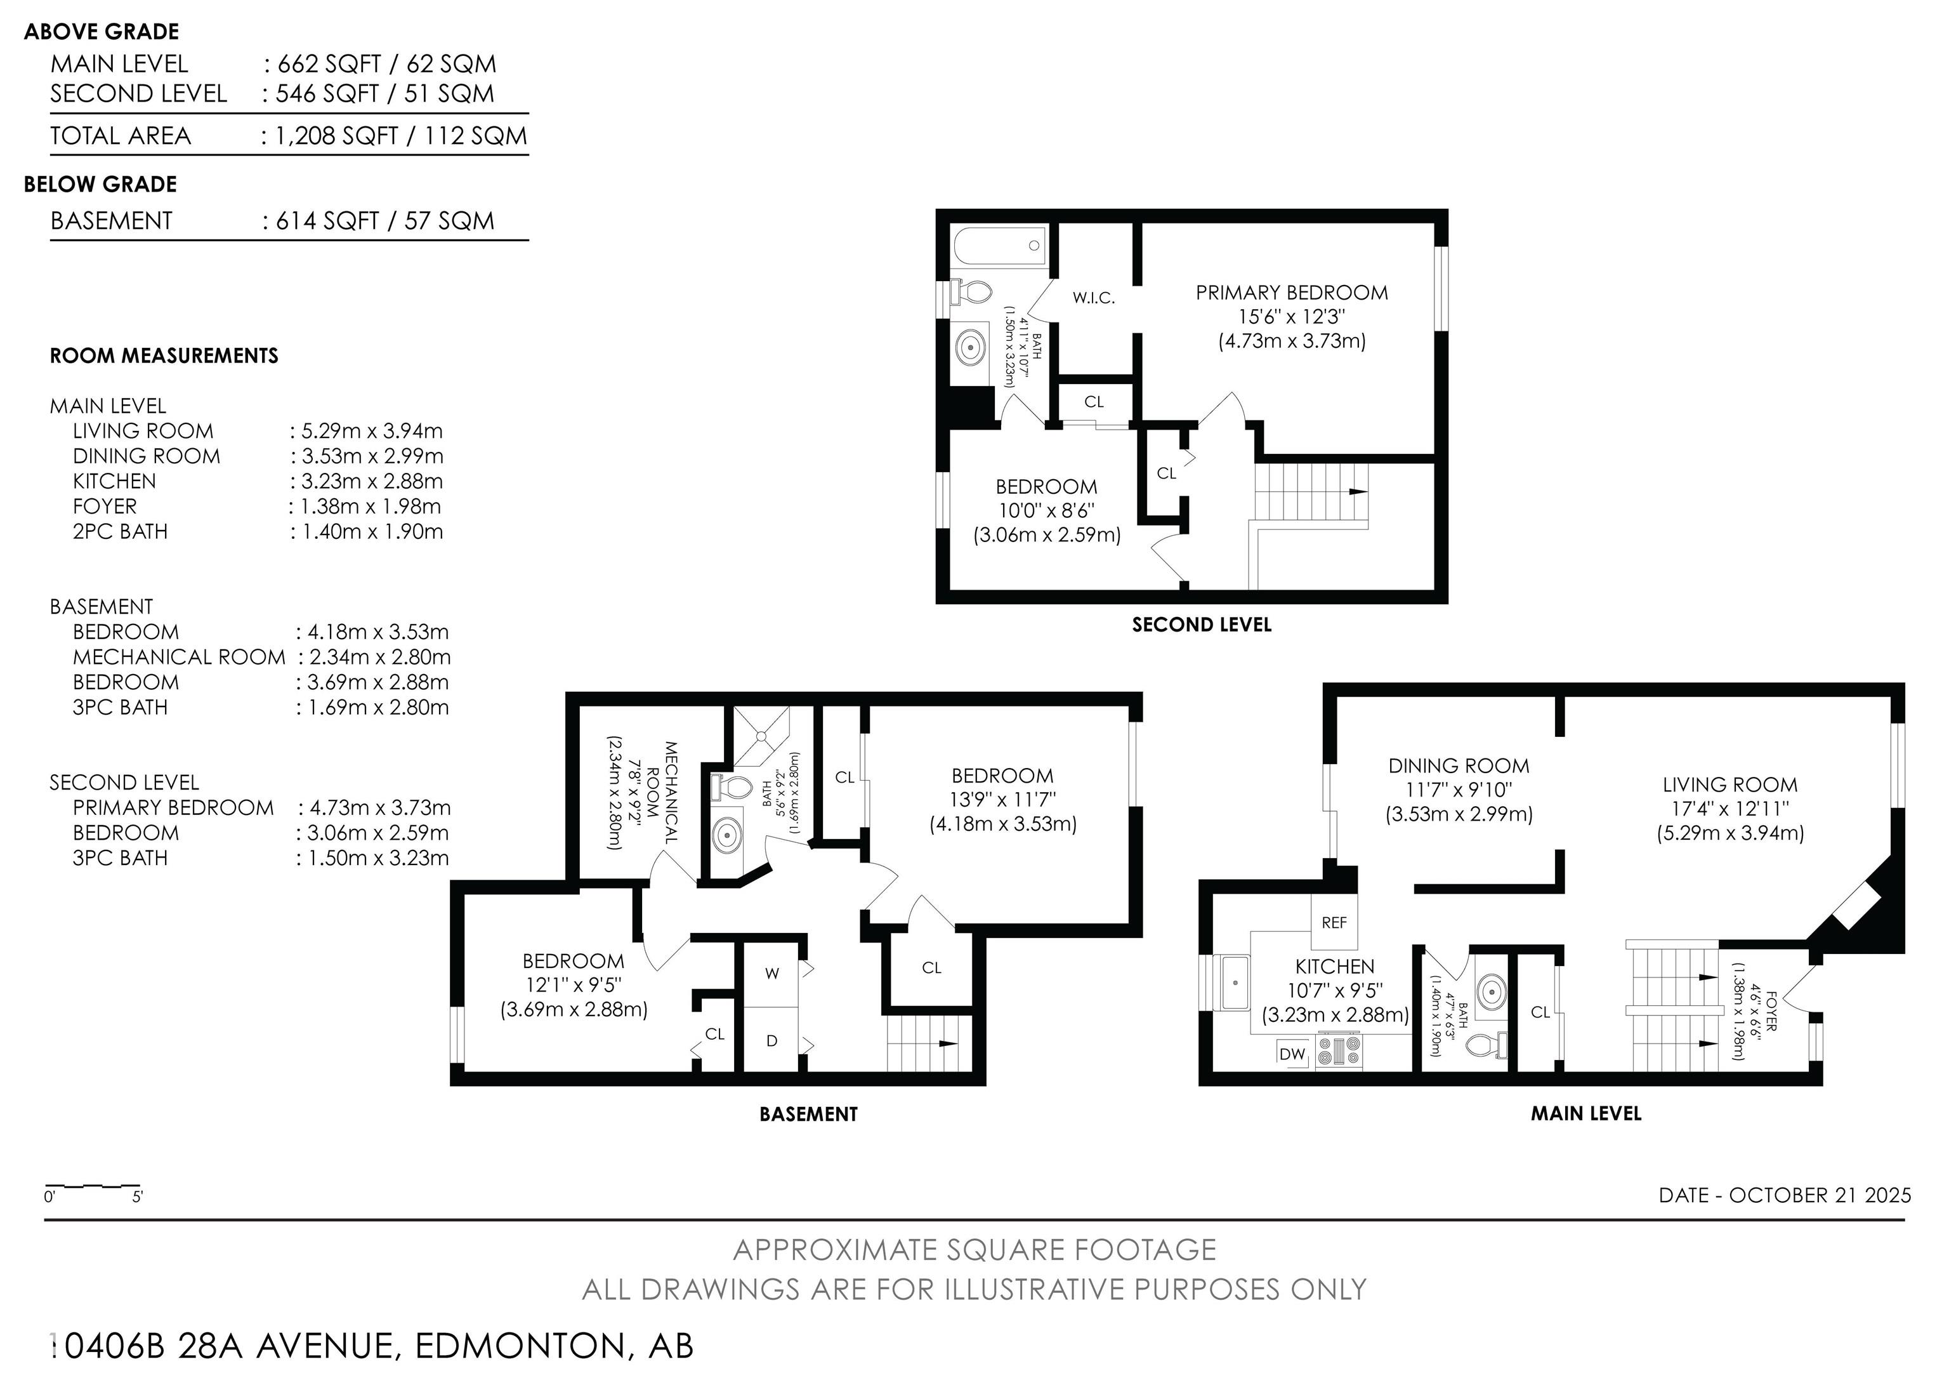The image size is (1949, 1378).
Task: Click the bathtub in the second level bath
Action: coord(999,246)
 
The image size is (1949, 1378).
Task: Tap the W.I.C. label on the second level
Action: coord(1093,298)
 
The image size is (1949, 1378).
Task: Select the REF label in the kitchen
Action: coord(1334,923)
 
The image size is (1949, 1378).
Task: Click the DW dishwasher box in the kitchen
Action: coord(1292,1054)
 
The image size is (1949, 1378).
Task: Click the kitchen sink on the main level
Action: coord(1235,983)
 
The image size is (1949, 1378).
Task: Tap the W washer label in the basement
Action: coord(771,974)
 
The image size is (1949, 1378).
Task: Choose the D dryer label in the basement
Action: coord(771,1041)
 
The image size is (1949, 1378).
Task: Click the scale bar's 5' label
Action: coord(138,1198)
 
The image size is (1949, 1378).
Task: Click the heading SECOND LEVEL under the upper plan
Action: coord(1201,625)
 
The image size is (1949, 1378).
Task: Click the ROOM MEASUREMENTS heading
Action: coord(164,355)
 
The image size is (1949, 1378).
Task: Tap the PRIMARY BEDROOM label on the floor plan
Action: coord(1292,293)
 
